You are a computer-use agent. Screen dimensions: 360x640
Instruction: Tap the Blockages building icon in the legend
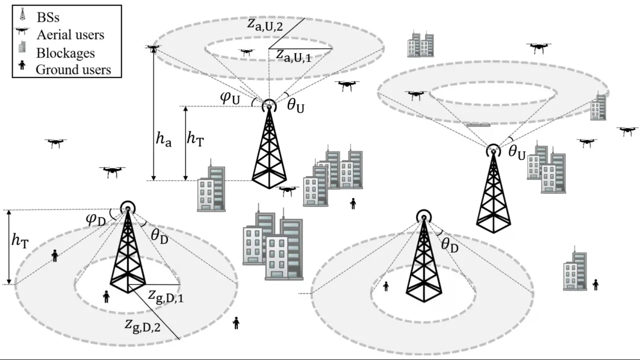(21, 48)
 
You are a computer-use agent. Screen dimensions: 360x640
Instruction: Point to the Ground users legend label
(73, 69)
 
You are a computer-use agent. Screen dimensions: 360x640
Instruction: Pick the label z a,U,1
(294, 55)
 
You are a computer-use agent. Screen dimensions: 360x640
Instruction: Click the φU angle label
(230, 97)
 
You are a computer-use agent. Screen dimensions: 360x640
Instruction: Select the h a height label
(163, 140)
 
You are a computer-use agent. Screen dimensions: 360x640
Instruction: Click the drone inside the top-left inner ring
(246, 51)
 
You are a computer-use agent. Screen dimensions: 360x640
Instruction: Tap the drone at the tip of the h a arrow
(153, 48)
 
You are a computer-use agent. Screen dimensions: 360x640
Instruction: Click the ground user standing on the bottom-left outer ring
(54, 255)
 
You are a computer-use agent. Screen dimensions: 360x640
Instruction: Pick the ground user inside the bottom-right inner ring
(385, 286)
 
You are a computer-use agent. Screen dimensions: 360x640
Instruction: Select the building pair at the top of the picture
(420, 44)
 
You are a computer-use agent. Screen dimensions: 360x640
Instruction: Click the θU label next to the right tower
(516, 153)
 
